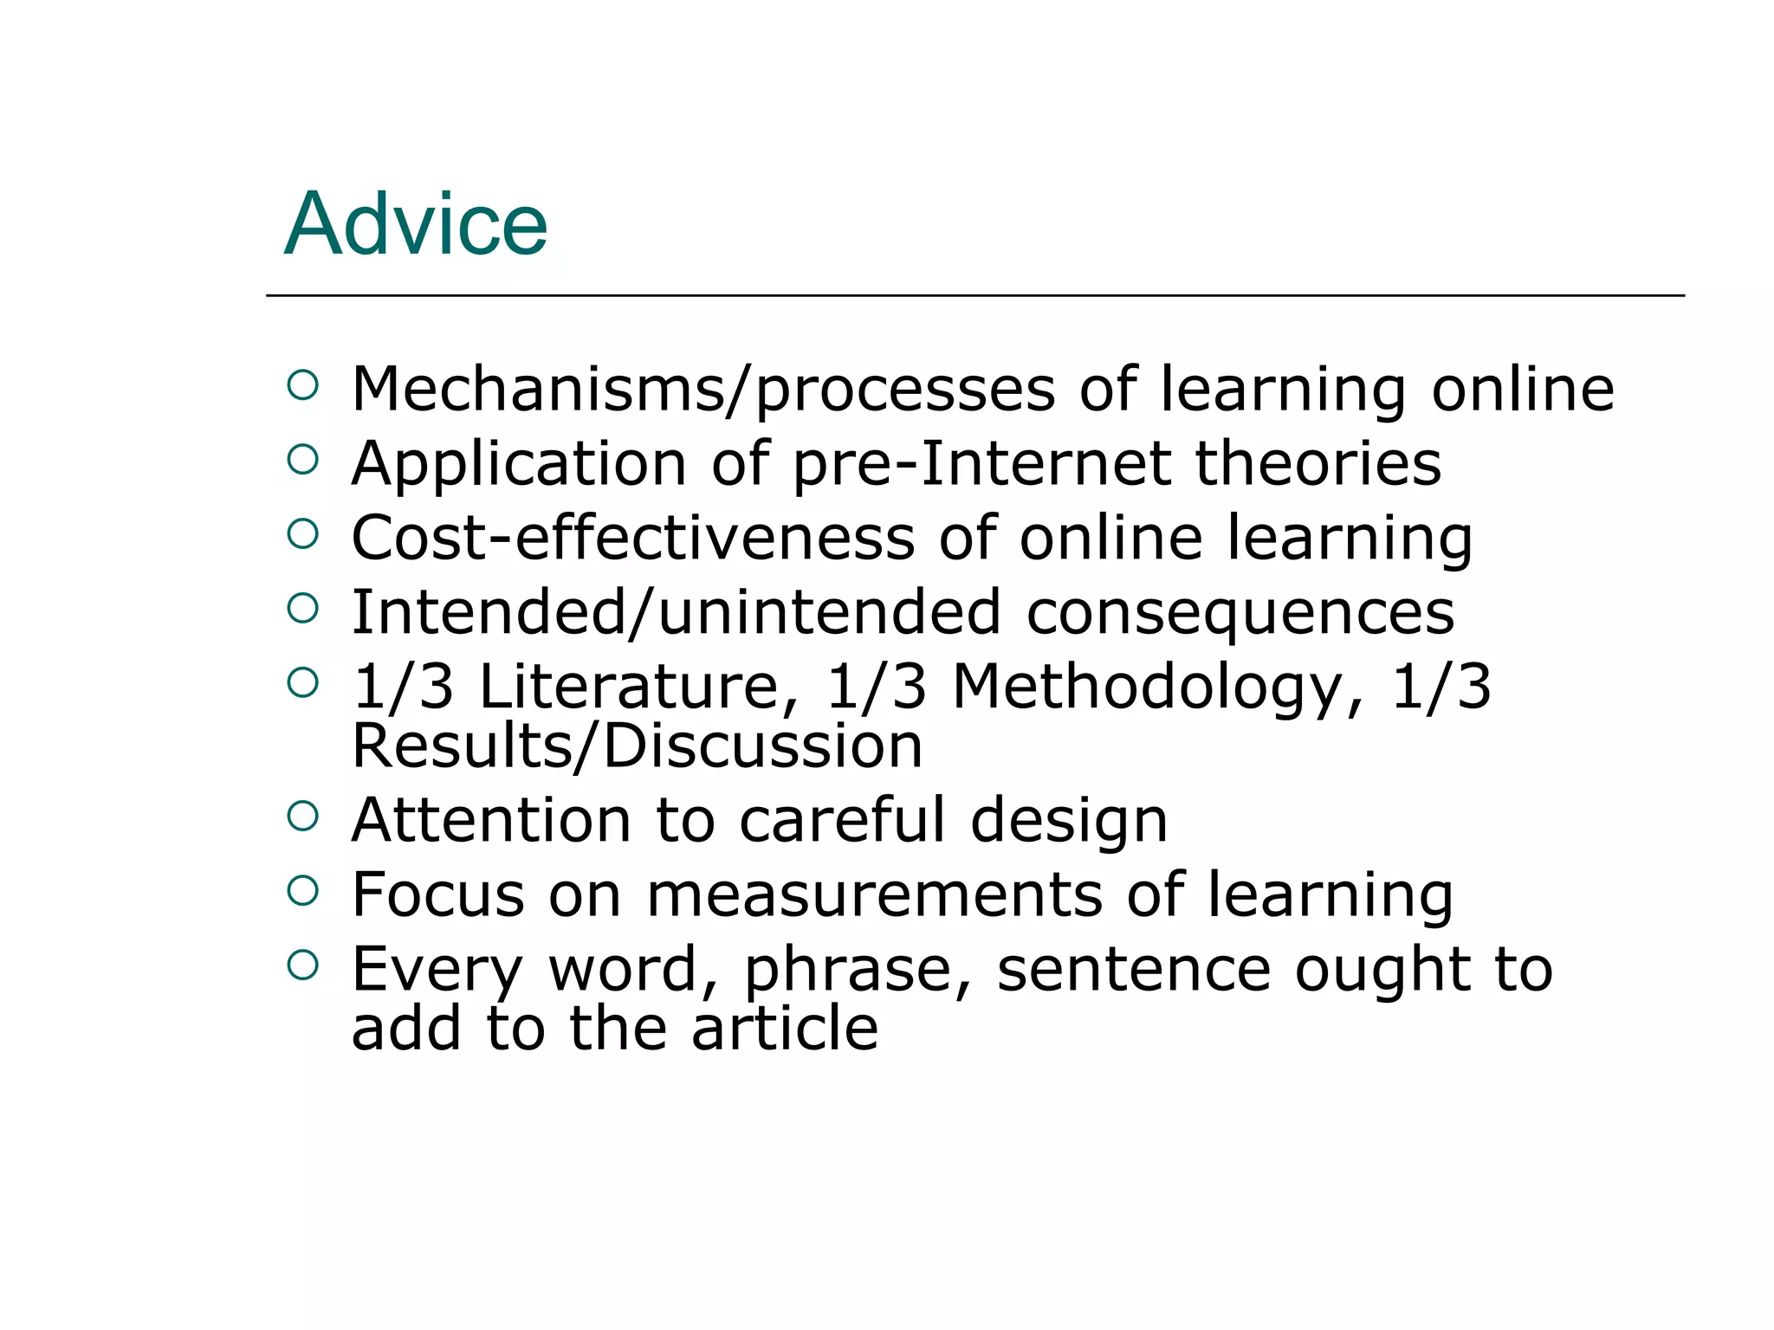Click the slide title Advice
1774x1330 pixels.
coord(416,224)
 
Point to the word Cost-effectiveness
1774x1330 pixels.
coord(632,538)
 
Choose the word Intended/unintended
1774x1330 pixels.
coord(676,613)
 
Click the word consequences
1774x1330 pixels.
coord(1240,613)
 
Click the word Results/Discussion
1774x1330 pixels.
coord(637,746)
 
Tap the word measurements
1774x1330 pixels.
coord(875,894)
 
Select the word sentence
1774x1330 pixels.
coord(1133,969)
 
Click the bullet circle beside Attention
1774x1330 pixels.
coord(302,816)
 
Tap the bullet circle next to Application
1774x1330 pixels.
coord(302,459)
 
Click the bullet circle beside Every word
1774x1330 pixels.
coord(302,965)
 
